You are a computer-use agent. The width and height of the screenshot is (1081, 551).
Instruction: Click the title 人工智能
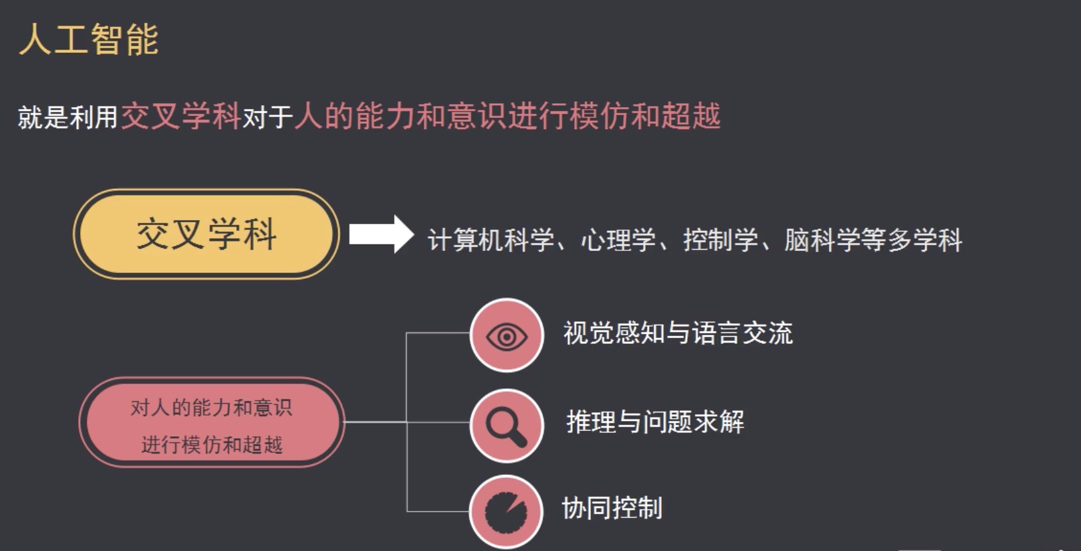88,39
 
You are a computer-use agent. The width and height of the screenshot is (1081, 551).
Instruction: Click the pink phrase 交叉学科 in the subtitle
181,117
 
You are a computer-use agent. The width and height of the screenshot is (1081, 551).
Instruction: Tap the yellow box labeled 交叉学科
206,234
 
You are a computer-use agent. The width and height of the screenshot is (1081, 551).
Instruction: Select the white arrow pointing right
381,234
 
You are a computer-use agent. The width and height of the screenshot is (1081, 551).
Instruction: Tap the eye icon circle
506,336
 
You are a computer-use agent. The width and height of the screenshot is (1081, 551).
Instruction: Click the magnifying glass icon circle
506,425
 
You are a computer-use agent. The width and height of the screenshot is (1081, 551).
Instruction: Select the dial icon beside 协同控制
506,511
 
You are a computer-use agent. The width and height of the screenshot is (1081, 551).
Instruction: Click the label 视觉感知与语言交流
678,334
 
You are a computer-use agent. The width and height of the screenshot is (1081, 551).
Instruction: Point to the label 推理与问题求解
655,422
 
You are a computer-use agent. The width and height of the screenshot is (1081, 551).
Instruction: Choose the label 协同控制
612,508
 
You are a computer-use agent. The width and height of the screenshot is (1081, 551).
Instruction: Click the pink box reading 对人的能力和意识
211,408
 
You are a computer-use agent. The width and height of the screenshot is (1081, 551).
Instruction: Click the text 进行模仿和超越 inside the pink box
212,445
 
